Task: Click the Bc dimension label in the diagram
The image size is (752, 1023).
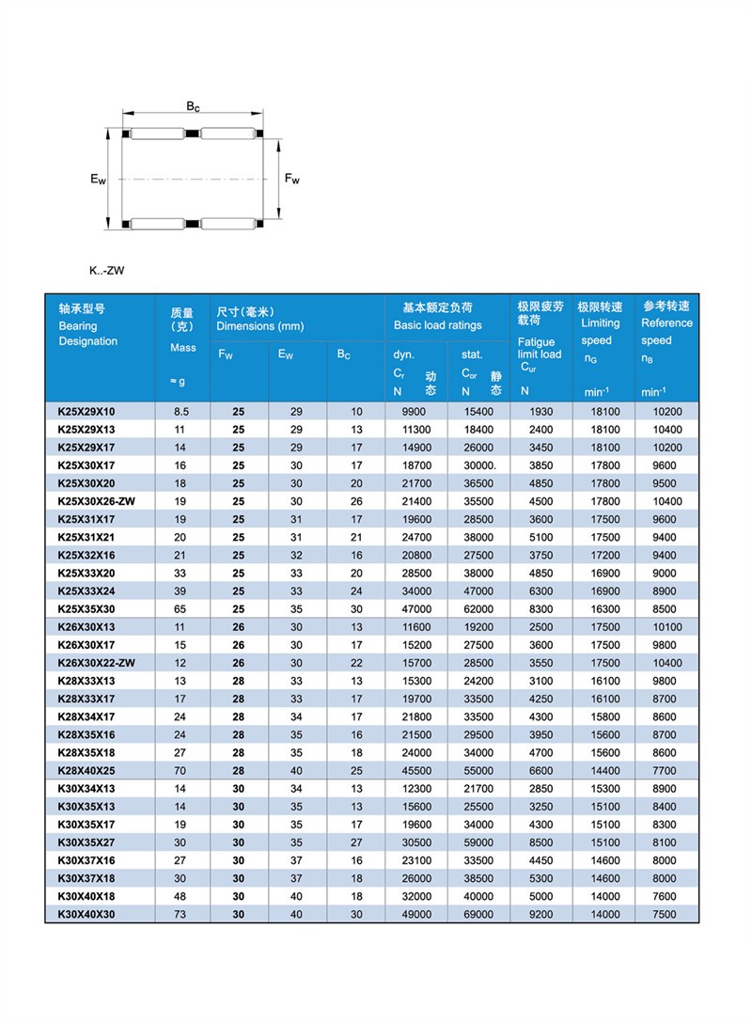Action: tap(193, 107)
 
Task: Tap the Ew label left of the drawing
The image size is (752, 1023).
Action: tap(98, 178)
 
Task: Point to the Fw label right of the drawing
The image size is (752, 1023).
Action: tap(291, 179)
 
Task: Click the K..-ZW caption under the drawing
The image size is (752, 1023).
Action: tap(107, 271)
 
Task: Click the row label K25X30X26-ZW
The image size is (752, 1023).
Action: tap(97, 501)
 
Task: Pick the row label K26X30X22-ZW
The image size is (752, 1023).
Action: tap(97, 663)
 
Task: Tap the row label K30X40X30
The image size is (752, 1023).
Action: tap(86, 914)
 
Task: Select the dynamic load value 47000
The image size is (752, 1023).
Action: tap(416, 609)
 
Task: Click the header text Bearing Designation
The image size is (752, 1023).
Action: tap(87, 333)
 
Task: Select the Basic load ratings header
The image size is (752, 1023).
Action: tap(437, 325)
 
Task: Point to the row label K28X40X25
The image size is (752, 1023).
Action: tap(86, 770)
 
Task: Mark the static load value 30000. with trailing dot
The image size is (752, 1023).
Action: tap(478, 465)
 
